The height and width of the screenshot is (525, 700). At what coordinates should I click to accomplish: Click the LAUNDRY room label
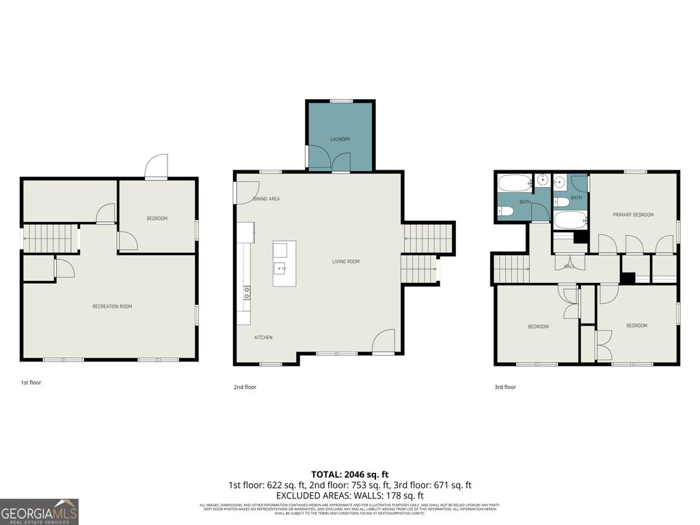point(340,139)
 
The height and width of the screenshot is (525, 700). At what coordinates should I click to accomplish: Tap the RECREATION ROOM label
point(112,306)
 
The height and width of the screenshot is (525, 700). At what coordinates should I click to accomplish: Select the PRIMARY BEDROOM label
point(632,215)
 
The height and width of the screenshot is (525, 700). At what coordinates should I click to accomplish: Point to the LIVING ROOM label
point(345,261)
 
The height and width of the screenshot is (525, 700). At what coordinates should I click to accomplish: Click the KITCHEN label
point(264,338)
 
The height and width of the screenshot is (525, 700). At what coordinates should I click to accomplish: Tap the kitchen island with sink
point(284,263)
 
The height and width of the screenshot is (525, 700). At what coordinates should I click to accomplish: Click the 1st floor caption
point(31,383)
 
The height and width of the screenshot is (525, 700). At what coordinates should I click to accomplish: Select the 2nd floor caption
point(245,387)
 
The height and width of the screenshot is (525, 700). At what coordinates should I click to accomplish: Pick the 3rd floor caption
point(505,387)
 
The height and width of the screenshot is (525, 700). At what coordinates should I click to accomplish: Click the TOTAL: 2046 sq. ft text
point(350,474)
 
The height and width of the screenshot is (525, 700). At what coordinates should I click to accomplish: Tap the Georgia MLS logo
point(40,511)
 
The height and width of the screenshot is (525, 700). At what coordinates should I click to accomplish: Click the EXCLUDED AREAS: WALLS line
point(350,496)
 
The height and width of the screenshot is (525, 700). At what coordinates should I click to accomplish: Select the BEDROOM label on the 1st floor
point(157,219)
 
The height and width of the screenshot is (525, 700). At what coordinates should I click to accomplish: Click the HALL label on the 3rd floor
point(569,266)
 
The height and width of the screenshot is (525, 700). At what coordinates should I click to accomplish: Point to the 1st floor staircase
point(50,239)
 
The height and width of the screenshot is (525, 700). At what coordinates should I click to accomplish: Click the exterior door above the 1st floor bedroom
point(156,167)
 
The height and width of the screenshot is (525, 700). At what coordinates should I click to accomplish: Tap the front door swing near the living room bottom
point(384,342)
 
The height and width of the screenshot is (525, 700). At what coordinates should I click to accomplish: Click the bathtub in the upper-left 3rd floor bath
point(514,183)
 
